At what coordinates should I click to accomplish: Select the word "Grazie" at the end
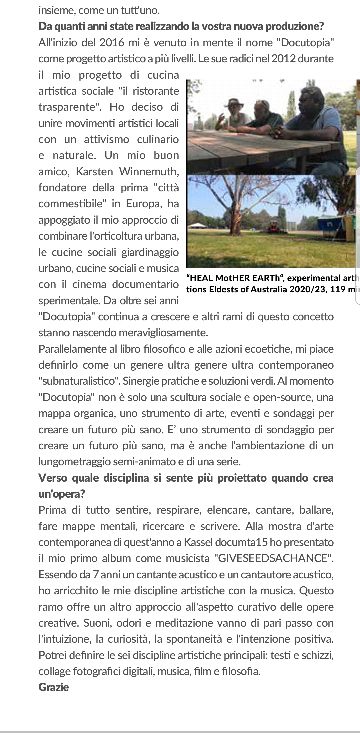coord(54,687)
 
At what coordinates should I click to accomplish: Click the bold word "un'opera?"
coord(62,494)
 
